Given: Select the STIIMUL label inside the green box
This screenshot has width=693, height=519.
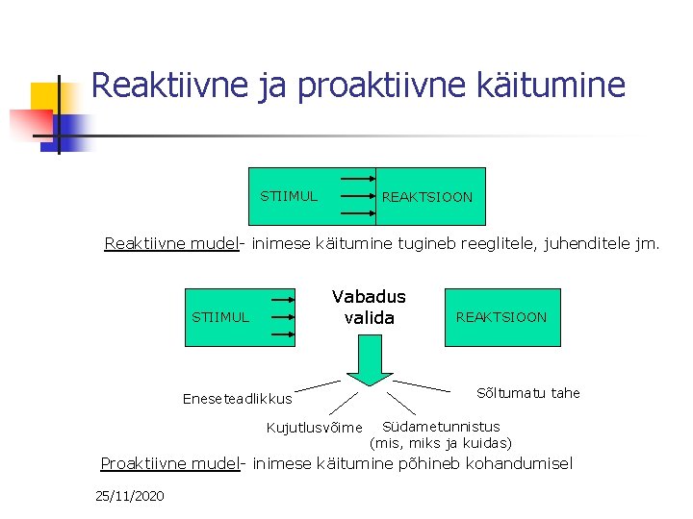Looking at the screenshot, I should (x=289, y=196).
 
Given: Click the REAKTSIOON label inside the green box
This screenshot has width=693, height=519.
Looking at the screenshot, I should (x=427, y=197).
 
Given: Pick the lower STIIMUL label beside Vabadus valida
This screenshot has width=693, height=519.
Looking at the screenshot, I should (x=220, y=316).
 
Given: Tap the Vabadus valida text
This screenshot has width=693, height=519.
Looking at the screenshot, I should (x=369, y=307).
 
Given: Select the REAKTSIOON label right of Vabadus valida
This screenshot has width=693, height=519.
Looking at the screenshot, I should (x=500, y=316).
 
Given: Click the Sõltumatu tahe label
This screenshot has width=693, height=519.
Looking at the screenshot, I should (x=528, y=392).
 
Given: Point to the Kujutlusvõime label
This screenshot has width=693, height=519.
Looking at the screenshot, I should (x=314, y=427).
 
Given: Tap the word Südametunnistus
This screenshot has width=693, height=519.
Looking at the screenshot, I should (x=441, y=426).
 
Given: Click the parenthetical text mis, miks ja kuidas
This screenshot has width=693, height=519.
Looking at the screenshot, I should (x=441, y=443).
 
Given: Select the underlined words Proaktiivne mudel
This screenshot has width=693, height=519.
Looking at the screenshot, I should (x=169, y=464).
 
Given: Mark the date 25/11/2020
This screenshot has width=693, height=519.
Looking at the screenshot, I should (x=130, y=496).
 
